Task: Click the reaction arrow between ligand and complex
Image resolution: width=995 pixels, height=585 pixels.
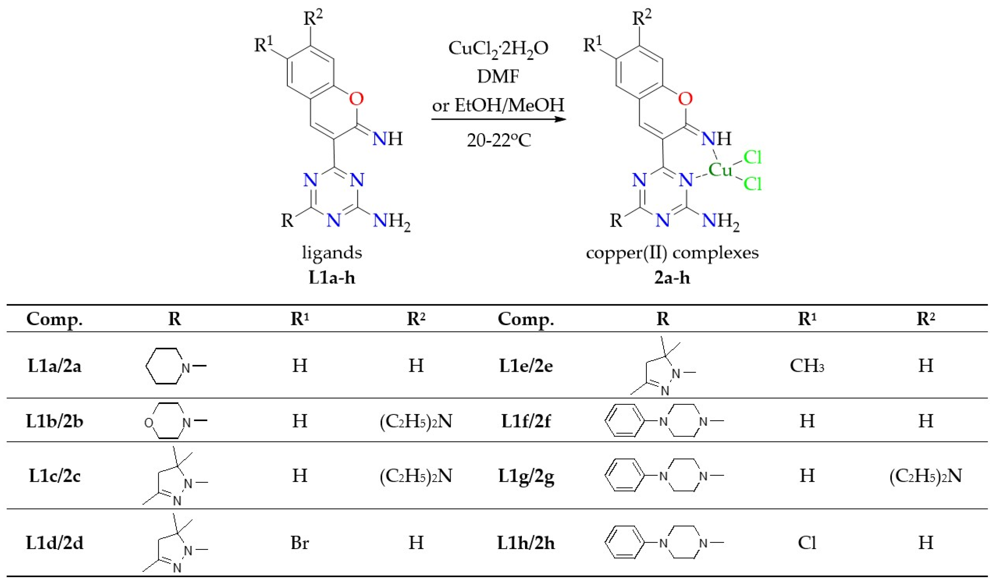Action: click(x=498, y=119)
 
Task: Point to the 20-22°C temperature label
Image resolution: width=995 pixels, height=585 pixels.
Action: click(x=499, y=140)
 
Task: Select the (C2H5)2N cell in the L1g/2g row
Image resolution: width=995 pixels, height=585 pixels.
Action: click(x=925, y=476)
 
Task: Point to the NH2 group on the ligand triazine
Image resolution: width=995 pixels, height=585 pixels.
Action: click(x=391, y=221)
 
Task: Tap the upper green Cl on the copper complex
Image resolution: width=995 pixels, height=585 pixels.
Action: click(x=752, y=158)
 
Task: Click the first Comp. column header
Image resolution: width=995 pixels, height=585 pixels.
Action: click(x=55, y=319)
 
